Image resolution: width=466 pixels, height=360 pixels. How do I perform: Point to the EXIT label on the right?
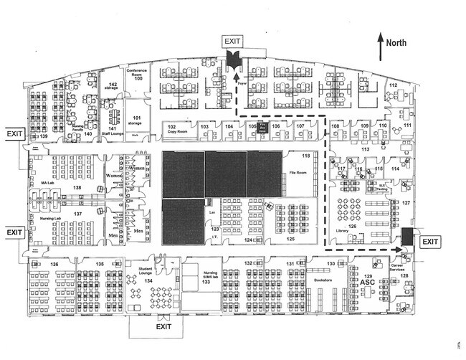coord(430,242)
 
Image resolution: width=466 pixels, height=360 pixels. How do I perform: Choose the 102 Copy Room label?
coord(172,129)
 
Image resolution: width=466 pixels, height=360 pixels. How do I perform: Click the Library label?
coord(341,230)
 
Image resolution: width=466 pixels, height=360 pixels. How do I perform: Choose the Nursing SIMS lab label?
coord(209,275)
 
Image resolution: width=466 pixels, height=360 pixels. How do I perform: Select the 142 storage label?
coord(113,87)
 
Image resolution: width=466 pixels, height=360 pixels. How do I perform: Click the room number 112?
coord(393,86)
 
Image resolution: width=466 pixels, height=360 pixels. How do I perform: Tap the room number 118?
coord(306,156)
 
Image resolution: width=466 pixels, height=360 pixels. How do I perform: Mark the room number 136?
coord(54,264)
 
